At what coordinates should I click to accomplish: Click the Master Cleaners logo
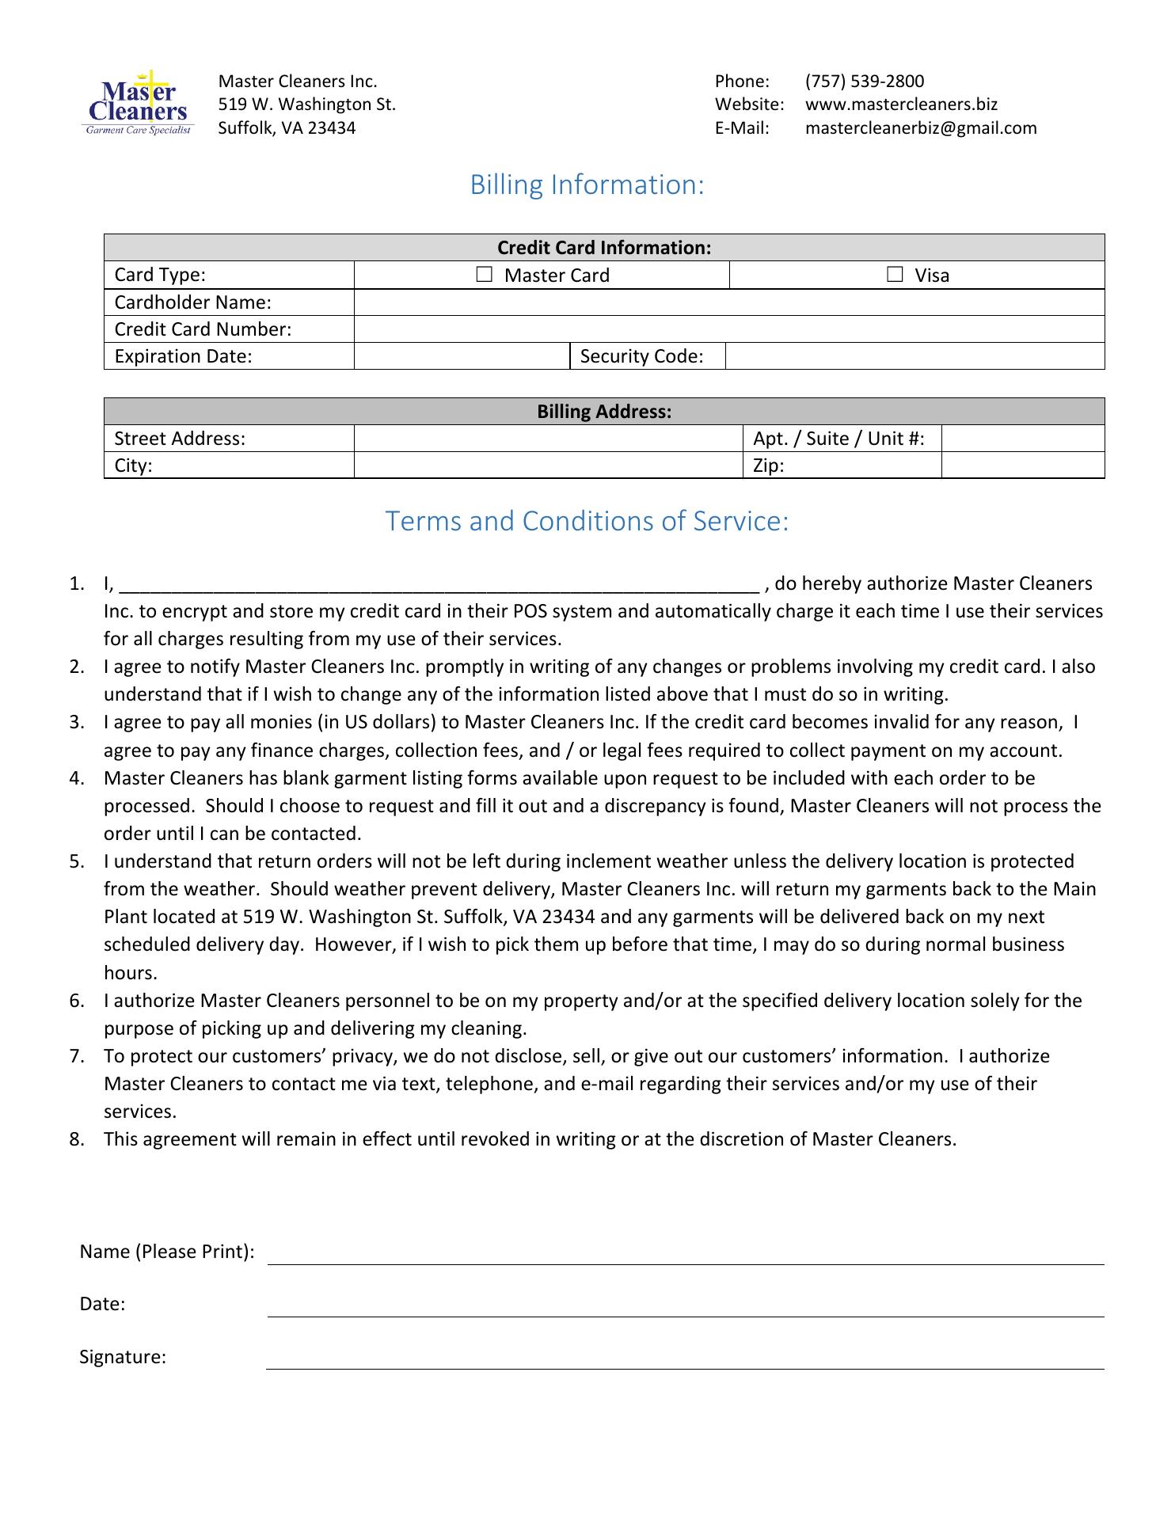pos(139,104)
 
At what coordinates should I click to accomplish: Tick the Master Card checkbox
pos(484,275)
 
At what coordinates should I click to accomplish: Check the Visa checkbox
pos(895,275)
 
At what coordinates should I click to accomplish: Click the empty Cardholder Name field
pos(728,302)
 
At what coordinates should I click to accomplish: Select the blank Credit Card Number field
pos(728,329)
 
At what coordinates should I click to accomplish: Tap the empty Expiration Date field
pos(462,356)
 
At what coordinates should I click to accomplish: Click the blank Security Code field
pos(915,356)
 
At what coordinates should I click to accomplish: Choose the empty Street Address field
pos(548,439)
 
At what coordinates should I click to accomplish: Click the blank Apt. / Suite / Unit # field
pos(1023,439)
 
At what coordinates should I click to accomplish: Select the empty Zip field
pos(1023,465)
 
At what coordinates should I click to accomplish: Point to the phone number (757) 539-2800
pos(865,82)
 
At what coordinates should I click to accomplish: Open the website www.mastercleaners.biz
pos(901,104)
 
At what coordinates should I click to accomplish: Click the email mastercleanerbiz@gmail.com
pos(921,128)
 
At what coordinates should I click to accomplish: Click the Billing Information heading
pos(587,185)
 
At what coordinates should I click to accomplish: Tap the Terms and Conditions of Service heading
pos(587,522)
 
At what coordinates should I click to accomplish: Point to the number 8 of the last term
pos(76,1140)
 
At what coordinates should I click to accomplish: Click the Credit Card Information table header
pos(604,248)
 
